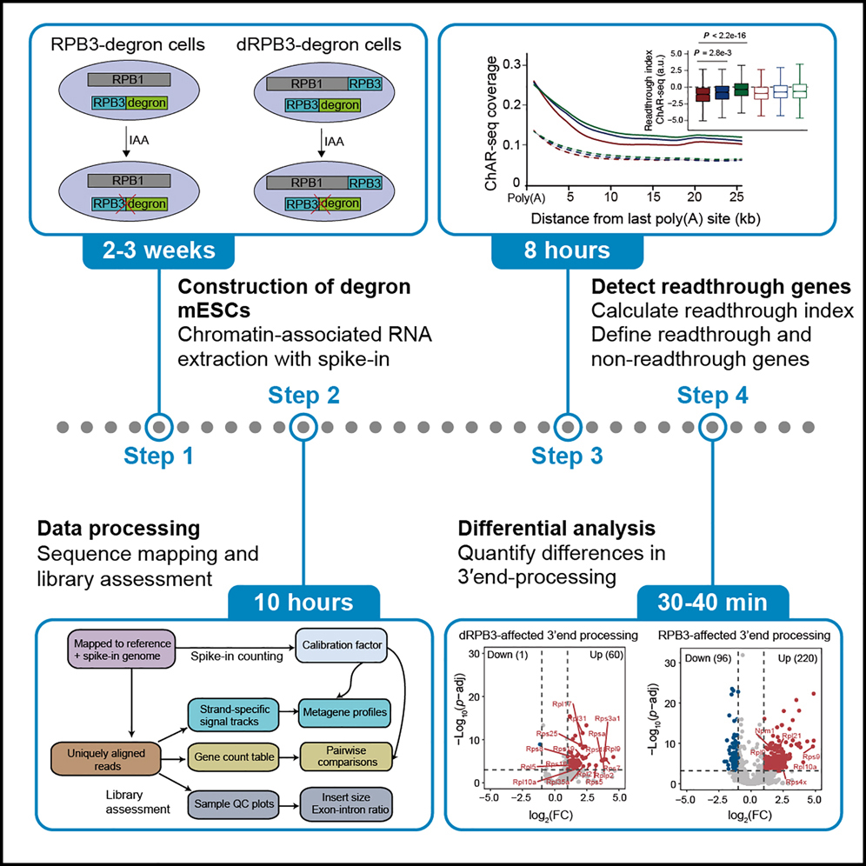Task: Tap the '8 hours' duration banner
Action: click(x=567, y=251)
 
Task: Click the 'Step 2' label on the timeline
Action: click(x=304, y=396)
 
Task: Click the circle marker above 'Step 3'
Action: click(x=567, y=427)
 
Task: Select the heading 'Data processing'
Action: click(x=118, y=528)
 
